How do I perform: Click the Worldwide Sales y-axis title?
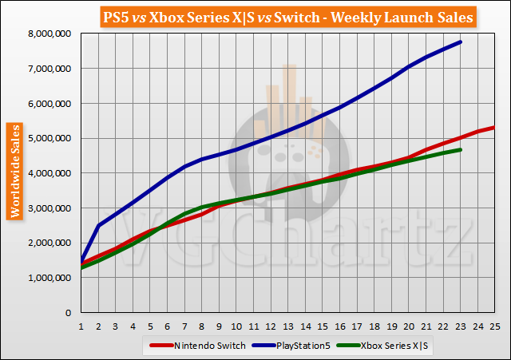pos(14,171)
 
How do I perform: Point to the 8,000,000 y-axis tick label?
pos(49,34)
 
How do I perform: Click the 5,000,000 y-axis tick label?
pos(49,138)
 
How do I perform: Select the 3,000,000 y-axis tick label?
pos(49,208)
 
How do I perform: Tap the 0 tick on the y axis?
pos(69,312)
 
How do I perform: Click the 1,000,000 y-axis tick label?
pos(49,278)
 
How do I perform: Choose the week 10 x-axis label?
pos(236,326)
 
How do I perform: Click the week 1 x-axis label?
pos(81,326)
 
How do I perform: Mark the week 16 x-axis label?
pos(339,326)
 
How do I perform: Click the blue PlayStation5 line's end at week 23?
pos(461,42)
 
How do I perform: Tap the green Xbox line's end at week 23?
pos(461,149)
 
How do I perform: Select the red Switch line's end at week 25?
pos(494,127)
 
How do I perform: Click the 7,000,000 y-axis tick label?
pos(49,69)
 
